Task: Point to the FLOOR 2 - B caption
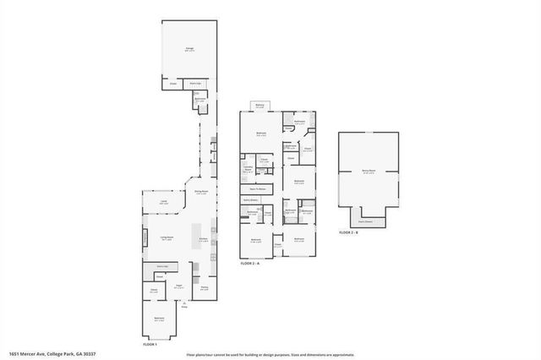click(348, 232)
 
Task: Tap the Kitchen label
click(204, 239)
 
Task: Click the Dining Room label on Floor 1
click(201, 192)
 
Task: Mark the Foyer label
click(180, 286)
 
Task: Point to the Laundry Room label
click(249, 169)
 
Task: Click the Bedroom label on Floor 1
click(159, 319)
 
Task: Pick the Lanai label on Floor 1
click(164, 203)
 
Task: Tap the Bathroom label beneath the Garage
click(200, 99)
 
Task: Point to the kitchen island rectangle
click(199, 232)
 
